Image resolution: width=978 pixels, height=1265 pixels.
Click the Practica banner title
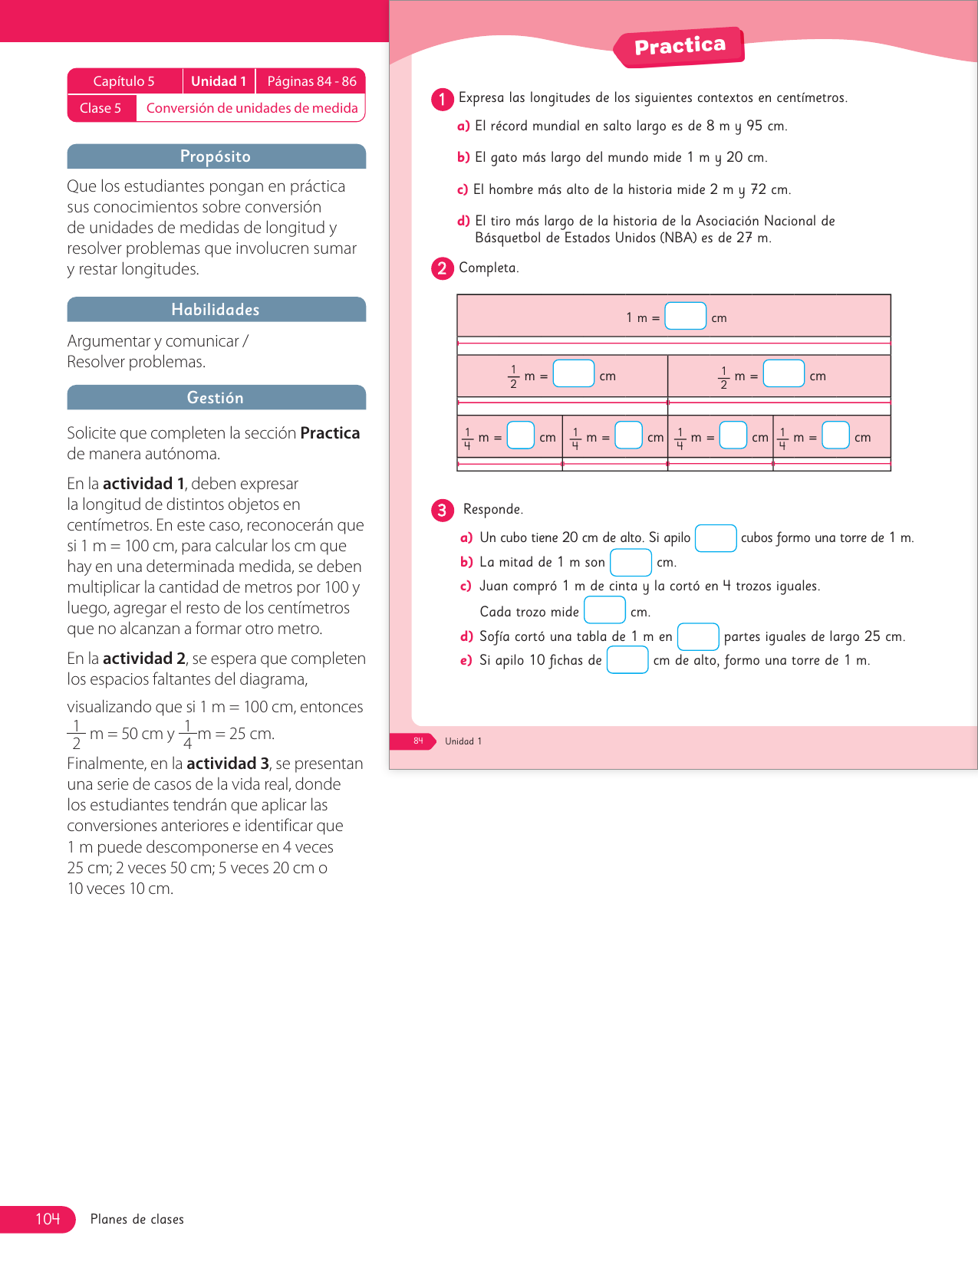(x=680, y=46)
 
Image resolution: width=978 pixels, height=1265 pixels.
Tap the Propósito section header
(x=216, y=156)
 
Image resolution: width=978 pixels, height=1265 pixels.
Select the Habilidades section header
(x=216, y=310)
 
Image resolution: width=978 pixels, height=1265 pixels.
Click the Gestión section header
(x=216, y=398)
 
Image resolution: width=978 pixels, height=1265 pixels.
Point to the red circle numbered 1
(x=442, y=99)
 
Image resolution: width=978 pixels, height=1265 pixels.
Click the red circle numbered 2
(x=442, y=268)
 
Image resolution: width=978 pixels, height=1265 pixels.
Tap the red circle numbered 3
(x=442, y=510)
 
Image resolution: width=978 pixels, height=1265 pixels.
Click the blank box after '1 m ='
(x=685, y=316)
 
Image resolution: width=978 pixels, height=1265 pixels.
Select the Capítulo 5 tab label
(x=124, y=81)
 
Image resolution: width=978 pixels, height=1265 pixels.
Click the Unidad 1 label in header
(x=219, y=81)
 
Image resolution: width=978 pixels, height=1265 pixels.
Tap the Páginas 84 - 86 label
(x=311, y=81)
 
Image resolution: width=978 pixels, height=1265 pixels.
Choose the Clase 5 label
(x=100, y=108)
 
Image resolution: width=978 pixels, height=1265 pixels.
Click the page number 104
(x=48, y=1219)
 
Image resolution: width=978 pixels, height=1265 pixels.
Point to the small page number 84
(x=418, y=741)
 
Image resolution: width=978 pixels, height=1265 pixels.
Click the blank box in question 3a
(x=715, y=538)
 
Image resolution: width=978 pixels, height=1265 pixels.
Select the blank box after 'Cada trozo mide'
(x=604, y=610)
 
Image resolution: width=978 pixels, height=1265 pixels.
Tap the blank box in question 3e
(x=627, y=660)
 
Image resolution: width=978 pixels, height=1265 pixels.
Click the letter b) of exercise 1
(x=463, y=157)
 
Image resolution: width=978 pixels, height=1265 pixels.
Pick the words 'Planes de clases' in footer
(x=137, y=1219)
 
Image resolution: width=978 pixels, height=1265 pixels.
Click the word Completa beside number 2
(x=489, y=268)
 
